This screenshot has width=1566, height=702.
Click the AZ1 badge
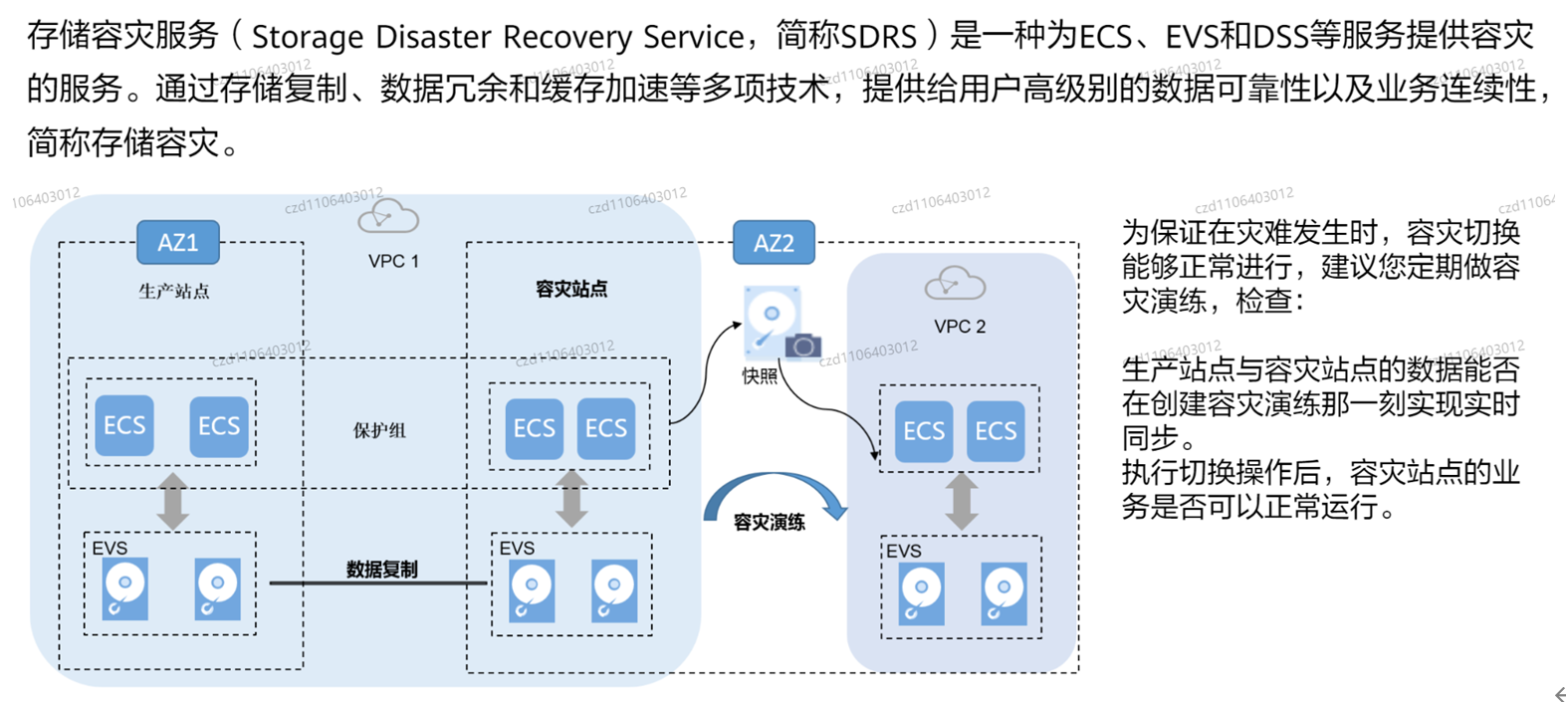click(178, 242)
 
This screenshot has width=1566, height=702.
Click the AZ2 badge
click(774, 243)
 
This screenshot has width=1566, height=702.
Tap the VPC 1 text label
click(393, 261)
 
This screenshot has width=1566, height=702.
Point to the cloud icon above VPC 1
click(388, 216)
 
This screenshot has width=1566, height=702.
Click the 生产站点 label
click(174, 291)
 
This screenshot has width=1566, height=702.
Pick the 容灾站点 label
click(571, 289)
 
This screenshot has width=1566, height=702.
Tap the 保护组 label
click(379, 430)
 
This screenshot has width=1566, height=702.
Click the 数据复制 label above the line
click(381, 569)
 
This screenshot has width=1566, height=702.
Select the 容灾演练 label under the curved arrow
click(769, 522)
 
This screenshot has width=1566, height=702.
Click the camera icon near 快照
click(803, 346)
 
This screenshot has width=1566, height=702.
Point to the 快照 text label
click(760, 376)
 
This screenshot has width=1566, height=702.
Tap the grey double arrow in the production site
click(173, 501)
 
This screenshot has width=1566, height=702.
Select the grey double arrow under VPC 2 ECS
click(961, 501)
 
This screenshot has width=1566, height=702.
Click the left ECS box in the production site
click(124, 426)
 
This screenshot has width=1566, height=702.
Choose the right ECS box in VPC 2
click(996, 431)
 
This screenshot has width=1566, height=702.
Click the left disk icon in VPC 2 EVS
click(922, 593)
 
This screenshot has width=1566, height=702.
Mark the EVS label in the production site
click(110, 548)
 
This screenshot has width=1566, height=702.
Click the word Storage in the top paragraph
click(309, 37)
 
